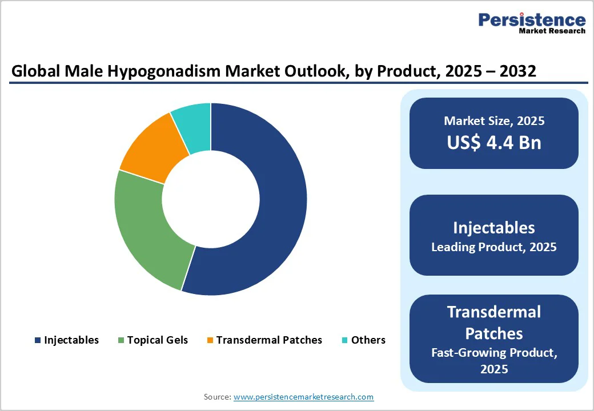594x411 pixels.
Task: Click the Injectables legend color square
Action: coord(38,340)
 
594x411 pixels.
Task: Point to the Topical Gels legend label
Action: coord(157,340)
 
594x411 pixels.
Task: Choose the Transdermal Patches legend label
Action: coord(269,340)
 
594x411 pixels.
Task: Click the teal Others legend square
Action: coord(344,340)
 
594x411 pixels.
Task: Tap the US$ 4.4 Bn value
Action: coord(494,142)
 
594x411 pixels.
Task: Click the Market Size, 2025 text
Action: coord(494,121)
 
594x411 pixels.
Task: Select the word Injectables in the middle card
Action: coord(494,228)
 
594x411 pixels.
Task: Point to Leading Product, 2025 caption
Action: coord(494,247)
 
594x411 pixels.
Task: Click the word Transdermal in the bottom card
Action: coord(494,312)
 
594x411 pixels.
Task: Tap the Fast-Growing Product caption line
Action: coord(494,353)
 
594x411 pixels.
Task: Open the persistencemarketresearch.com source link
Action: coord(303,397)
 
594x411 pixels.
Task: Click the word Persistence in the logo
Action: coord(532,20)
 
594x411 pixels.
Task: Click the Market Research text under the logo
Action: coord(552,31)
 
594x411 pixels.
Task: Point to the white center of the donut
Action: coord(211,199)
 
